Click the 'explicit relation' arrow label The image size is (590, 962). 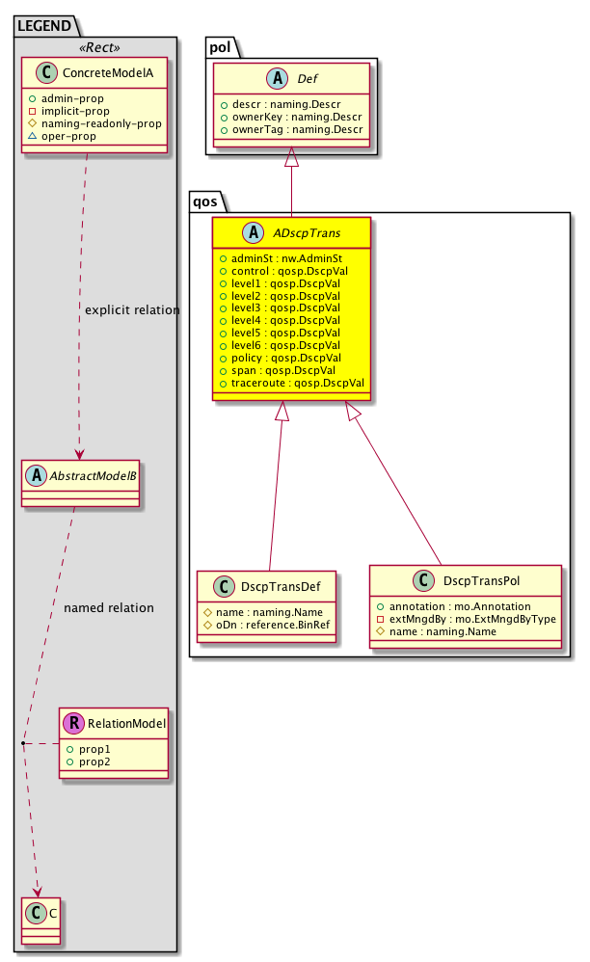(x=132, y=310)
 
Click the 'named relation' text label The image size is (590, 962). (x=108, y=608)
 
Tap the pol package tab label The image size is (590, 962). (x=221, y=45)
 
